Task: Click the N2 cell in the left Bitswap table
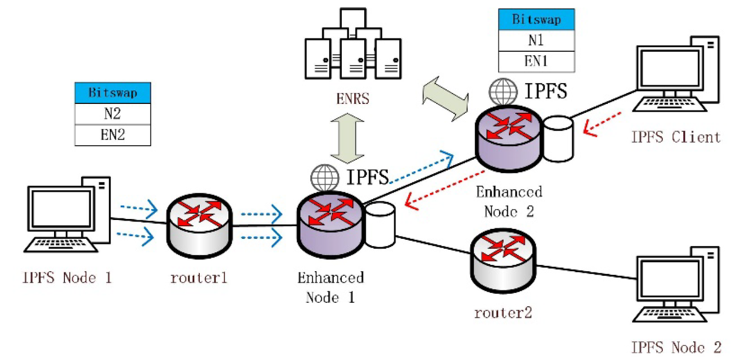(112, 114)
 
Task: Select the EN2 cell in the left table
(112, 135)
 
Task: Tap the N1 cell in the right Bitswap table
(536, 40)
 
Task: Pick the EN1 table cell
(536, 61)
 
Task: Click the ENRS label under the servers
(352, 99)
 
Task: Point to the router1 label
(199, 278)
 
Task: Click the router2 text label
(503, 313)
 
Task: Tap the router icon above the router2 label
(503, 260)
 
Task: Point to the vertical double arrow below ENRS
(347, 138)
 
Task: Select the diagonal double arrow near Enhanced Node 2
(445, 99)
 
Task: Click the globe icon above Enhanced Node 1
(324, 178)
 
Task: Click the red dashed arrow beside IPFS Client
(602, 124)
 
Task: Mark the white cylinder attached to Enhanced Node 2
(558, 139)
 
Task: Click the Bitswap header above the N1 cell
(536, 19)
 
